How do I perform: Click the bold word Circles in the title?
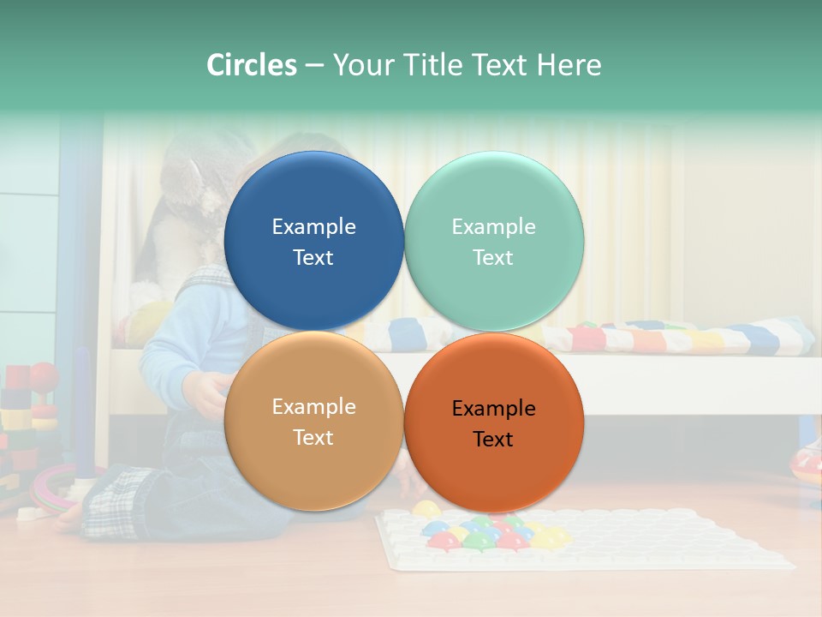[x=252, y=65]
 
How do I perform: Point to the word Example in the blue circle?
[x=313, y=226]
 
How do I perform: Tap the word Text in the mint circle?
[x=493, y=257]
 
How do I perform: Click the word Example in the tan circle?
[x=313, y=406]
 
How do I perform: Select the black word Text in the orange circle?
[x=493, y=439]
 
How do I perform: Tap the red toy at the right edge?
[x=807, y=463]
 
